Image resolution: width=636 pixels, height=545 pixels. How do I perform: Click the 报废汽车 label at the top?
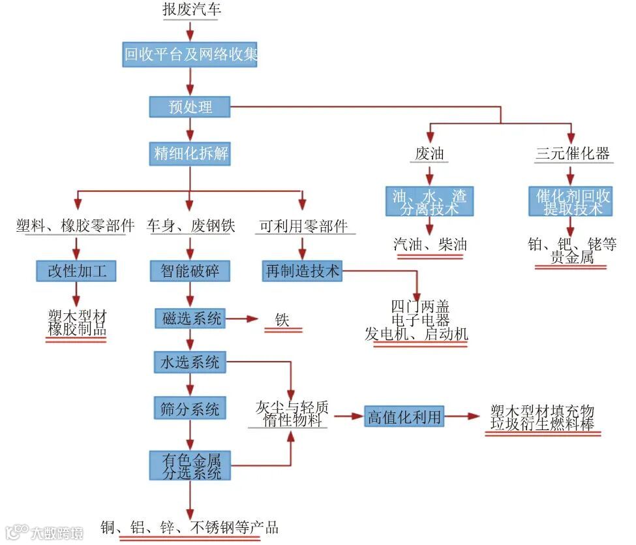tap(190, 10)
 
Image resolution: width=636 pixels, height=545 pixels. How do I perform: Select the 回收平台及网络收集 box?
tap(190, 55)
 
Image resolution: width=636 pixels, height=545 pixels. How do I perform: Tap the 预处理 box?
tap(190, 107)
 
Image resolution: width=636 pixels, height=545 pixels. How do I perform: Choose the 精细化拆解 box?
tap(190, 154)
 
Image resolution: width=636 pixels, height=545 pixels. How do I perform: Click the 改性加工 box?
tap(76, 270)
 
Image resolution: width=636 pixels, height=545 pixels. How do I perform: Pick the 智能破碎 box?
tap(190, 270)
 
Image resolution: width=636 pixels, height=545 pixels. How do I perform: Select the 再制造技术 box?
tap(303, 270)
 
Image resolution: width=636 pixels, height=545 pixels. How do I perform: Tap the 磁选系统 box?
tap(190, 319)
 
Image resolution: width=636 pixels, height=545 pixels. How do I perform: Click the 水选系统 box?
tap(190, 362)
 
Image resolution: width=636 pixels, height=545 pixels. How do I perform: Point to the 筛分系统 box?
tap(190, 409)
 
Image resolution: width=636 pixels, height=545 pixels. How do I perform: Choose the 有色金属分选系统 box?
tap(190, 466)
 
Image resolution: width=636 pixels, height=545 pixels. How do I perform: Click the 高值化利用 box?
tap(404, 416)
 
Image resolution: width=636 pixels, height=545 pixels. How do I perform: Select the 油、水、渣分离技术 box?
tap(429, 202)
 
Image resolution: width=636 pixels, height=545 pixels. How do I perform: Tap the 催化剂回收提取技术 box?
tap(569, 202)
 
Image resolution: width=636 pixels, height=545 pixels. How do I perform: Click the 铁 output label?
tap(282, 320)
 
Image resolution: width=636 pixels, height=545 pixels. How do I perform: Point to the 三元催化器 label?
tap(572, 154)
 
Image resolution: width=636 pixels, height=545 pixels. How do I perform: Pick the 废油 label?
tap(429, 154)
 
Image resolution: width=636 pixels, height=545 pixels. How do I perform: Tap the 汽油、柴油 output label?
tap(430, 245)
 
